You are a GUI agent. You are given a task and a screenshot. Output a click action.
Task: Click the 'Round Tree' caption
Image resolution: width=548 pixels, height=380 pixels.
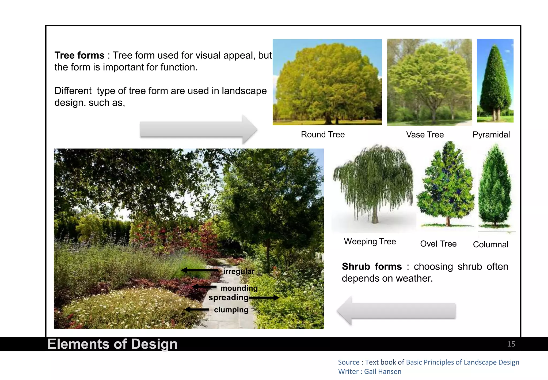323,135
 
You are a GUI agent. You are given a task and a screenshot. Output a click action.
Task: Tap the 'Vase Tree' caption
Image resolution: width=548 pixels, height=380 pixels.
425,135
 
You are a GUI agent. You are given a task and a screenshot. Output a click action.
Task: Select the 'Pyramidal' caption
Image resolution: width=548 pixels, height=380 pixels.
491,135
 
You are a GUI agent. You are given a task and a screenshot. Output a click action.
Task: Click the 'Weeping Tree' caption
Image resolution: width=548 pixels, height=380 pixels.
370,241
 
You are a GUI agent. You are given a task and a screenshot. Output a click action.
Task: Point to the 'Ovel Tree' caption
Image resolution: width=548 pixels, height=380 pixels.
438,244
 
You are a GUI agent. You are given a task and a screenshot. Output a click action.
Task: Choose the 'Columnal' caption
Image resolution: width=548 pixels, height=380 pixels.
490,244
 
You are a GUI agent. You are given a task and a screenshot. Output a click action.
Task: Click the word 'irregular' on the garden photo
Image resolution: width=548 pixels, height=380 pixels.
238,271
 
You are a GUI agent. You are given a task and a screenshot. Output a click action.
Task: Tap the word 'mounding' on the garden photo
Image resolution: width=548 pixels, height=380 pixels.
239,288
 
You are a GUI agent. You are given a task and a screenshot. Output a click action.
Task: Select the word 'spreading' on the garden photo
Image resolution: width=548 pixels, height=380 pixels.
228,297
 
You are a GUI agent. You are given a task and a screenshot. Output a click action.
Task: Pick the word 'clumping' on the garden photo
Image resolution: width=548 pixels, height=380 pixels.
231,310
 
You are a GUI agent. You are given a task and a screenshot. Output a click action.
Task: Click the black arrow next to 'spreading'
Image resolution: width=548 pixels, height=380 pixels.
264,297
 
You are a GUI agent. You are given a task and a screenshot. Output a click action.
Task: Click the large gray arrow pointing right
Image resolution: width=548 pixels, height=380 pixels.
198,130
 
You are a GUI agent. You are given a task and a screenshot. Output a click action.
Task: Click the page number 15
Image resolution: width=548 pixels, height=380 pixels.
511,344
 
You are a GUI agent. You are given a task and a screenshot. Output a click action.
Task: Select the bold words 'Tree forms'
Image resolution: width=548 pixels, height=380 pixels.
79,55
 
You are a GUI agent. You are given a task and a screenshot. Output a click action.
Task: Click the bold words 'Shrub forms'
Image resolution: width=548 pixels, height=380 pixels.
372,267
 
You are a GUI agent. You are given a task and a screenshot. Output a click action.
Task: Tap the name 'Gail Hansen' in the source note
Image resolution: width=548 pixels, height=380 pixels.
382,372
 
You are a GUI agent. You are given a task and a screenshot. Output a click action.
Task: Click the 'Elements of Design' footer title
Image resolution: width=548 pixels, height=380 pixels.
112,344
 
